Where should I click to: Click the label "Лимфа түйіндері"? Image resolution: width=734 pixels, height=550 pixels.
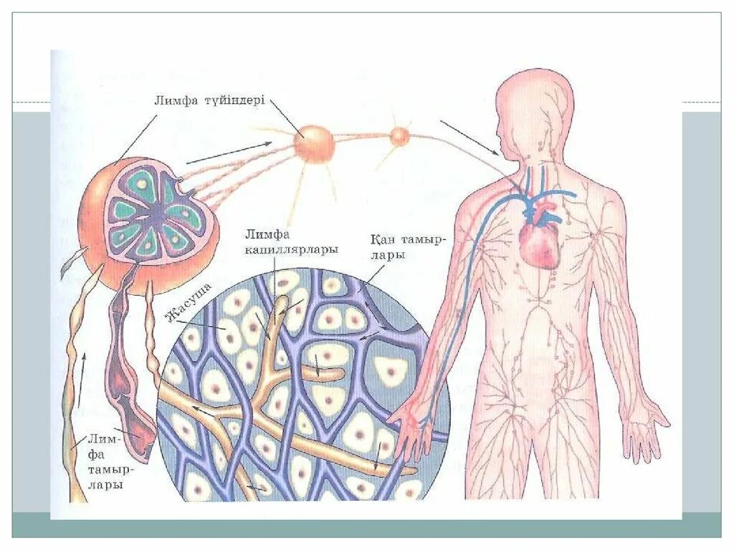[x=210, y=100]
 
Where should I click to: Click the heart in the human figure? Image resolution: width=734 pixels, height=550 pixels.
[x=539, y=245]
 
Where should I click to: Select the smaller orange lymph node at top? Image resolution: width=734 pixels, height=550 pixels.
[x=399, y=135]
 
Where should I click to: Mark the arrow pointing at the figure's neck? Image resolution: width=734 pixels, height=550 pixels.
[x=470, y=137]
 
